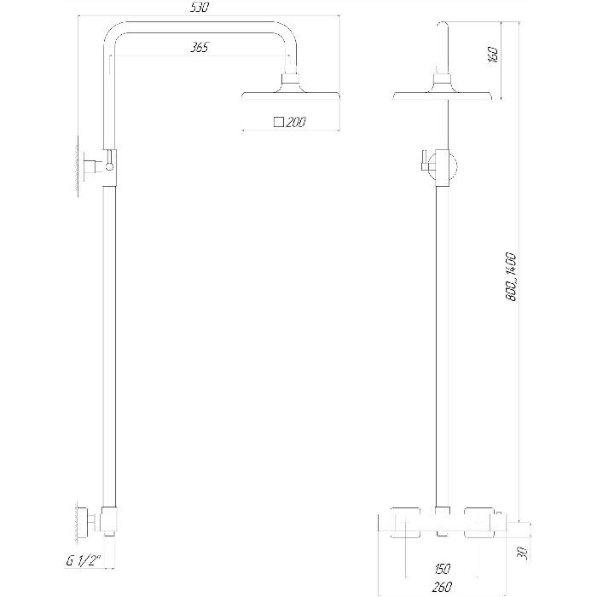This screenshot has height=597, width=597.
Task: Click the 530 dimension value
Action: coord(200,8)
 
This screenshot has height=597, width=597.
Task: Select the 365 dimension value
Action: coord(200,47)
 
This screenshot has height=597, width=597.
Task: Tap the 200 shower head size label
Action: coord(295,122)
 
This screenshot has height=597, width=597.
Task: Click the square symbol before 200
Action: coord(279,122)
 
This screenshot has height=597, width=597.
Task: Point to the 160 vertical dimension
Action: coord(493,55)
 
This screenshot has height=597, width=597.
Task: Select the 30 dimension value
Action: coord(523,554)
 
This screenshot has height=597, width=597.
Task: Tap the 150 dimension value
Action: coord(442,569)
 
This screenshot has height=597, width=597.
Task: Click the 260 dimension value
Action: coord(442,587)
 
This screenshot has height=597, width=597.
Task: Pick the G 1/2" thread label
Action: coord(84,561)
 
